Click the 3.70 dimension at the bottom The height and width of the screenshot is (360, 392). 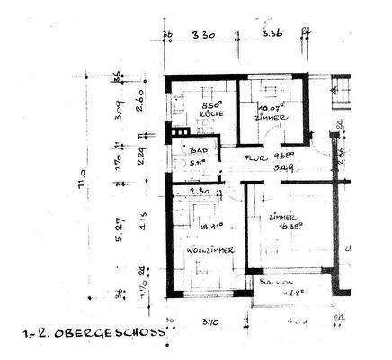click(209, 320)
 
